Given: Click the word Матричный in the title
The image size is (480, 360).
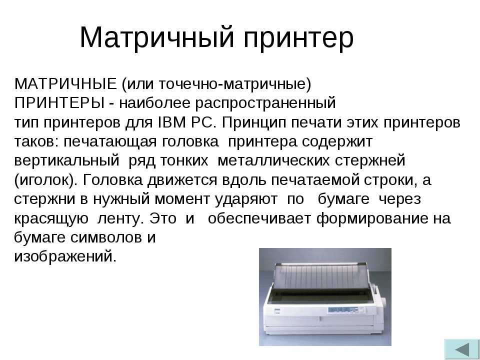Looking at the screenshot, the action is click(x=156, y=37).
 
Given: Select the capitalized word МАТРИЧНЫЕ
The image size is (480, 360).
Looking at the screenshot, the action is click(x=65, y=84).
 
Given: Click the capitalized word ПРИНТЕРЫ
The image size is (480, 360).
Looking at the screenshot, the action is click(x=59, y=103).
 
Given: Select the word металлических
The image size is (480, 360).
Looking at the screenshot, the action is click(x=273, y=161).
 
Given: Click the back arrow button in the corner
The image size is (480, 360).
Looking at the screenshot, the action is click(x=461, y=349).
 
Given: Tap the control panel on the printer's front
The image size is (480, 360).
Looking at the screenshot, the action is click(x=343, y=309).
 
